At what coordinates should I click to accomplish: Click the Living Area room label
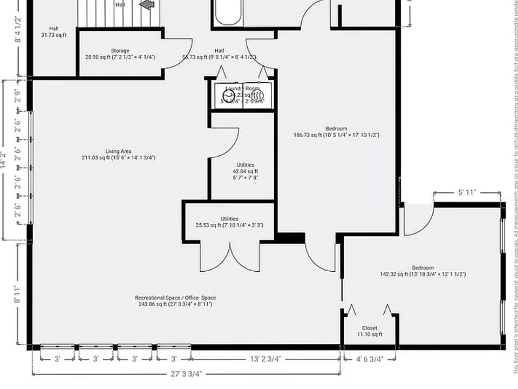coord(118,155)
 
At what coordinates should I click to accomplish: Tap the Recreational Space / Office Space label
coord(175,301)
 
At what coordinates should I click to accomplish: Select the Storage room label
coord(120,53)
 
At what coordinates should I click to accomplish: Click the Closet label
coord(370,331)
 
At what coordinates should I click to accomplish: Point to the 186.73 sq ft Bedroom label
coord(336,132)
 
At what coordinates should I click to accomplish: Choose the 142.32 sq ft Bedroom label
coord(422,271)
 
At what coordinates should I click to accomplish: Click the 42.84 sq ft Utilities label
coord(245,171)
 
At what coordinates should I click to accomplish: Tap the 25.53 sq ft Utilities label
coord(229,222)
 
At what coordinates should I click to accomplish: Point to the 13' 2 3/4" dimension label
coord(264,359)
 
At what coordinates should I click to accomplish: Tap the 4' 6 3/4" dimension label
coord(369,359)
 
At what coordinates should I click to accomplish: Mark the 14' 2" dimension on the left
coord(4,159)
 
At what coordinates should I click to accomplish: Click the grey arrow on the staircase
coord(147,4)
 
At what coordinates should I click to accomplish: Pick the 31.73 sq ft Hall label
coord(53,32)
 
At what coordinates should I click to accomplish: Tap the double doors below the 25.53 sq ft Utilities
coord(230,258)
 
